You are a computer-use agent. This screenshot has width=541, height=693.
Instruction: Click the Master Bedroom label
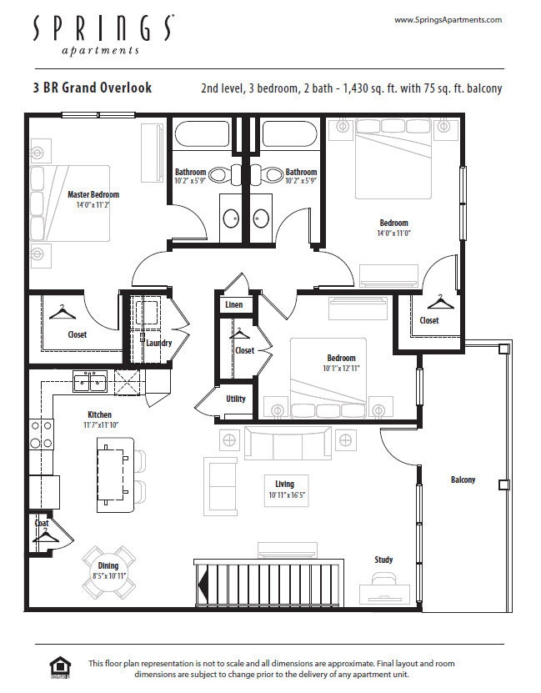pyautogui.click(x=93, y=195)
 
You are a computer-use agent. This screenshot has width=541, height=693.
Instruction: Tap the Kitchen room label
pyautogui.click(x=99, y=414)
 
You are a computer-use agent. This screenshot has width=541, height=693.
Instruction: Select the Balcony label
pyautogui.click(x=463, y=480)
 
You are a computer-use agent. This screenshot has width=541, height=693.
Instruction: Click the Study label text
pyautogui.click(x=383, y=560)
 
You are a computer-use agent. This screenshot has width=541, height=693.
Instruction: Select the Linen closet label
pyautogui.click(x=234, y=305)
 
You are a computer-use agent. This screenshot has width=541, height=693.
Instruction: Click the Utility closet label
pyautogui.click(x=236, y=399)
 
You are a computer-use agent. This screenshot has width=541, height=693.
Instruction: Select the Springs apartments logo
pyautogui.click(x=103, y=33)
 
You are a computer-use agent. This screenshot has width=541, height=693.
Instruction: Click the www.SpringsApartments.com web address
pyautogui.click(x=447, y=20)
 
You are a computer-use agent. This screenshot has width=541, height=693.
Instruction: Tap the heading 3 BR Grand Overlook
pyautogui.click(x=93, y=88)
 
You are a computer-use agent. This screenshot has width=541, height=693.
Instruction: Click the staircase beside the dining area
pyautogui.click(x=267, y=588)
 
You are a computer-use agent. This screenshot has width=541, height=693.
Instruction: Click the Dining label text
pyautogui.click(x=108, y=566)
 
